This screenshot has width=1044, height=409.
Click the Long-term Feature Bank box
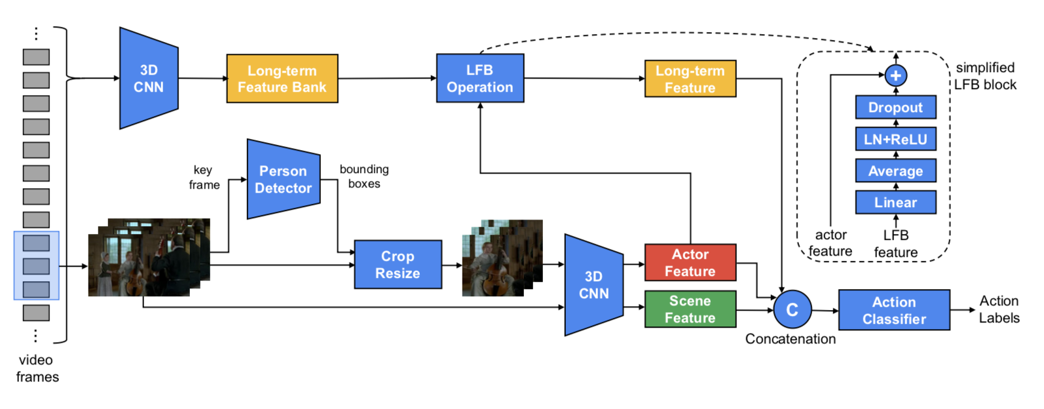click(x=282, y=79)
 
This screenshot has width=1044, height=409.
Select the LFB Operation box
click(x=480, y=79)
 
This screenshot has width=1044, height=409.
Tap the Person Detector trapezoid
click(x=283, y=179)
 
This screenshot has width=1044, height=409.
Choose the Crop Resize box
click(x=398, y=265)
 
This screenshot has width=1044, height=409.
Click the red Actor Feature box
click(x=690, y=263)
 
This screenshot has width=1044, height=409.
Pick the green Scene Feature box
click(x=690, y=309)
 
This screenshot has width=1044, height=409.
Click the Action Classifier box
click(x=894, y=310)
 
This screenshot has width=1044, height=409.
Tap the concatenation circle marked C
click(x=792, y=309)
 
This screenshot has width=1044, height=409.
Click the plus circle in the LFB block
click(x=895, y=76)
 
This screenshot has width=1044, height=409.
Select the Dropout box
click(x=895, y=107)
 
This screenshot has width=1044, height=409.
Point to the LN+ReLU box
click(x=895, y=139)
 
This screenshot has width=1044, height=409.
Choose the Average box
click(x=895, y=171)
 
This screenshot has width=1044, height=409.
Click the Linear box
click(x=895, y=203)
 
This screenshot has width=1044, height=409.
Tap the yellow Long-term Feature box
click(x=690, y=79)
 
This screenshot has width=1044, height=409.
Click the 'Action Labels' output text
click(x=999, y=309)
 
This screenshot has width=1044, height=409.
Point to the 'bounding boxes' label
click(x=364, y=176)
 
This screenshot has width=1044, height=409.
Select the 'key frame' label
click(x=204, y=177)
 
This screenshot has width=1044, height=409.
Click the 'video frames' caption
click(x=37, y=368)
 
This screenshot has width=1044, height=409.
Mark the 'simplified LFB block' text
click(x=985, y=76)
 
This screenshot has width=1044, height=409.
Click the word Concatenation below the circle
click(x=791, y=339)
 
